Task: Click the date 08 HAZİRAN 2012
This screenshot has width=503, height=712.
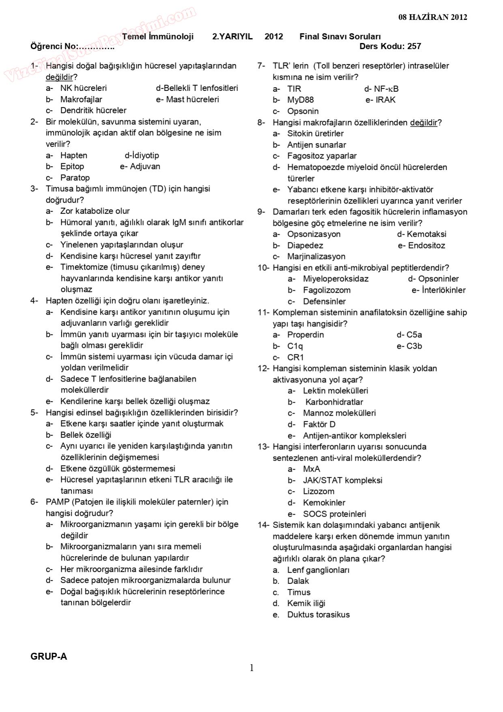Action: pos(432,17)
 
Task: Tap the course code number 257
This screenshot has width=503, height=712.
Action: pos(414,46)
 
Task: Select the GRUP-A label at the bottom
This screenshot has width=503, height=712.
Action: pos(49,656)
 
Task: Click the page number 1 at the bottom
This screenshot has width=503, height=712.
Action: pos(251,668)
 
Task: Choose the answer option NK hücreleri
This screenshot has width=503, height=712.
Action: pos(83,88)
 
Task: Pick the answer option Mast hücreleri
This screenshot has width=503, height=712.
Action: pos(192,99)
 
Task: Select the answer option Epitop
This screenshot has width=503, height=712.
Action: pos(72,166)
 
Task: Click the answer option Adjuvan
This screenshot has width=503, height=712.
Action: pos(145,166)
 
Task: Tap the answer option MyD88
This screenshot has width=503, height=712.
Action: pos(300,100)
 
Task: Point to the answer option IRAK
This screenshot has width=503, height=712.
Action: pos(385,100)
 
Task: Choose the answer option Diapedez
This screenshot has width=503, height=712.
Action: pos(305,246)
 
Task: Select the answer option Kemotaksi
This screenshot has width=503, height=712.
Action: pos(426,234)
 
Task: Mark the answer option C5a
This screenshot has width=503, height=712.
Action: pos(414,335)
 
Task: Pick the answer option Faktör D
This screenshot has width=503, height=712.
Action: pos(319,425)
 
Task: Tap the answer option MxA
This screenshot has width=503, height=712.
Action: pos(312,469)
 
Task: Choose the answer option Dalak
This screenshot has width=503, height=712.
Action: pos(298,581)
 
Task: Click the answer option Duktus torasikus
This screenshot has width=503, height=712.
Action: pos(318,615)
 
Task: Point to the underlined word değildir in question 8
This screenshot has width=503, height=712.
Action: pos(423,123)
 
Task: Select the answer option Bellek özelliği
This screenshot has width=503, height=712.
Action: pos(86,435)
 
